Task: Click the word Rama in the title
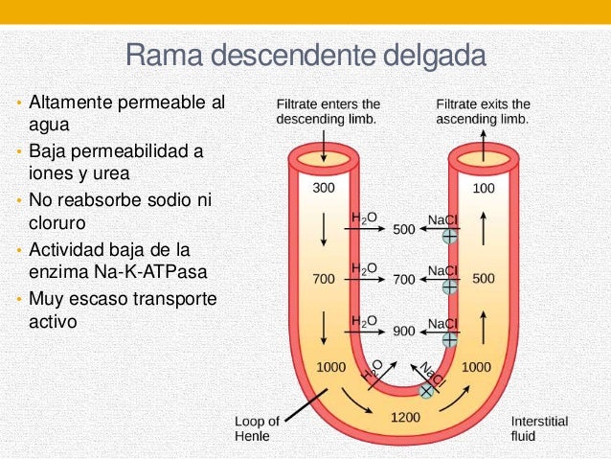(x=164, y=55)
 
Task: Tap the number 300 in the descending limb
(x=324, y=188)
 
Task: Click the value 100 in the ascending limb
(x=484, y=189)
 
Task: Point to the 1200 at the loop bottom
(x=405, y=417)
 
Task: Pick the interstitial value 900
(x=404, y=332)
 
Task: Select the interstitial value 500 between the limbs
(x=404, y=229)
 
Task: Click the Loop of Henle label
(x=257, y=428)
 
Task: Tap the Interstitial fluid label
(x=539, y=428)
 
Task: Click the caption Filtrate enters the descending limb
(x=328, y=111)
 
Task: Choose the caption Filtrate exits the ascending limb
(x=483, y=111)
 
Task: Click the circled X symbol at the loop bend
(x=426, y=391)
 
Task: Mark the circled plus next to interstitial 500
(x=449, y=237)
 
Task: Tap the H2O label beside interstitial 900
(x=364, y=322)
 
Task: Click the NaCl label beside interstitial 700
(x=442, y=270)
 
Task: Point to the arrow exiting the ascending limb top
(x=484, y=146)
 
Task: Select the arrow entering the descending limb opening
(x=324, y=146)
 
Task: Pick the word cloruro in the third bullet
(x=57, y=222)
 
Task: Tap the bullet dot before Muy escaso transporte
(x=19, y=299)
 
